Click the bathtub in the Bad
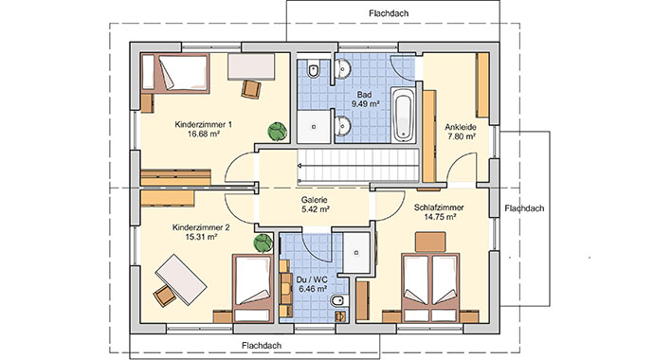[x=403, y=114]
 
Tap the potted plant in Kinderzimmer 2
[x=261, y=244]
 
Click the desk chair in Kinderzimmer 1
[x=252, y=87]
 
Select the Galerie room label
[x=315, y=200]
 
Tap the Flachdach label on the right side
[x=524, y=208]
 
